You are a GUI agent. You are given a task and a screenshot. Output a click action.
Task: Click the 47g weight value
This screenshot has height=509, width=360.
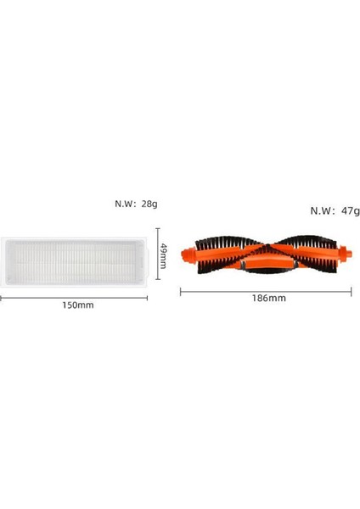click(349, 211)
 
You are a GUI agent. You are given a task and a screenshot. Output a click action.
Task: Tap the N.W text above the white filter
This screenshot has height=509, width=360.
click(127, 204)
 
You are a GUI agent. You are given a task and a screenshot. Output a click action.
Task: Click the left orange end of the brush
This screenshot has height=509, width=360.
click(192, 256)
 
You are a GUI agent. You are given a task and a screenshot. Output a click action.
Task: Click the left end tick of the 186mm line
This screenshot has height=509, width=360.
click(181, 291)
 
